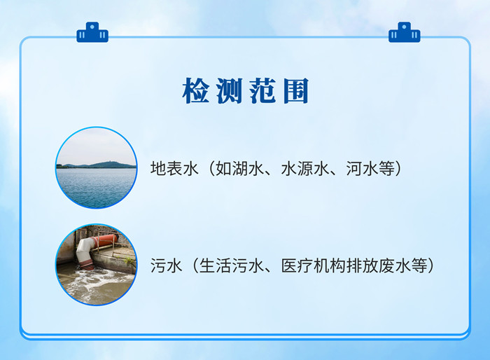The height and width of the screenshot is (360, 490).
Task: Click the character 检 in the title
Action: coord(196,91)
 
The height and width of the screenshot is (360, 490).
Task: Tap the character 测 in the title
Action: coord(230,91)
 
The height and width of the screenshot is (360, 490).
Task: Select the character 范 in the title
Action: coord(262,91)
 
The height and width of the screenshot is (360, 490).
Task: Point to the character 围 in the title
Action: coord(296,91)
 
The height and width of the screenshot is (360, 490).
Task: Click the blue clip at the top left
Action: coord(92,32)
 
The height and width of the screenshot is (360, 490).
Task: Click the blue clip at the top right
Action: coord(405,32)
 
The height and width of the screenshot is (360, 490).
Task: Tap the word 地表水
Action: coord(174,169)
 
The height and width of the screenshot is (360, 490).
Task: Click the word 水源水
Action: coord(305,169)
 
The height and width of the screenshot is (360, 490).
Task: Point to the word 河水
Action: coord(362,169)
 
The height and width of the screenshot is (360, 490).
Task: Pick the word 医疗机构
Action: coord(314,265)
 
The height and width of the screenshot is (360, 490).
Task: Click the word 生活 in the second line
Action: coord(216,265)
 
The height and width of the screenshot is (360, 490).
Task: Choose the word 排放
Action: coord(362,265)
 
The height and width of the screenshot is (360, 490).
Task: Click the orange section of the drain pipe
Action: coord(107,240)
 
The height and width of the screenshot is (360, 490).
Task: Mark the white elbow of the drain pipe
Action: coord(85,249)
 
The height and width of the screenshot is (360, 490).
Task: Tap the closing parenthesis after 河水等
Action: coord(398,169)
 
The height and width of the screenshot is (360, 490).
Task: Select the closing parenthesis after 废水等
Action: coord(431,265)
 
